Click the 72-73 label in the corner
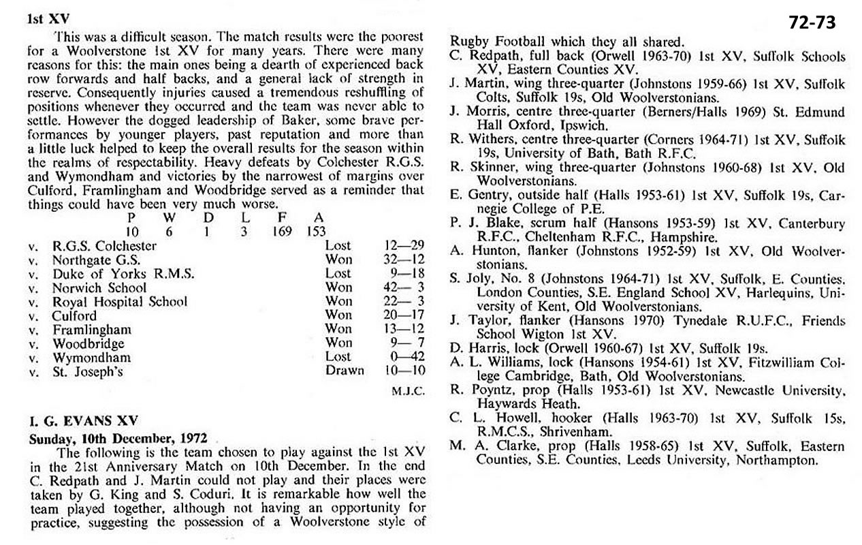[x=812, y=22]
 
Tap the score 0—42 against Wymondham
[x=404, y=357]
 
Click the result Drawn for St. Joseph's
[x=345, y=371]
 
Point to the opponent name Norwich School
[x=99, y=287]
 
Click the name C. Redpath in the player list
[x=481, y=57]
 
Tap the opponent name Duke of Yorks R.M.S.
[x=123, y=274]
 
